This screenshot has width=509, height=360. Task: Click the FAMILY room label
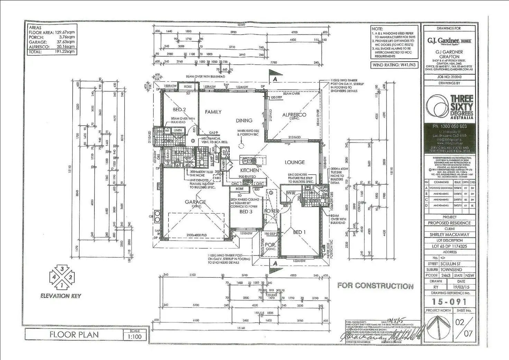[x=213, y=112]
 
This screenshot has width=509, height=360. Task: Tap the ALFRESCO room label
[x=294, y=115]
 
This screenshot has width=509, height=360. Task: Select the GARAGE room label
[x=195, y=202]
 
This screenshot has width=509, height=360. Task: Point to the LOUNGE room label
[x=295, y=162]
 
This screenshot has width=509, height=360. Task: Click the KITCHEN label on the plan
[x=250, y=170]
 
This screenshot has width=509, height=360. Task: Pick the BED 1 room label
[x=299, y=232]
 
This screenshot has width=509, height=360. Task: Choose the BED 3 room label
[x=246, y=212]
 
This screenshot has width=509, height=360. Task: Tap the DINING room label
[x=244, y=121]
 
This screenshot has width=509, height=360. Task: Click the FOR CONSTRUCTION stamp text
[x=376, y=286]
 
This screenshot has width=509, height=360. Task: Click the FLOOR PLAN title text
[x=74, y=335]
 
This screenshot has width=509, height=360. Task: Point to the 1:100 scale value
[x=135, y=336]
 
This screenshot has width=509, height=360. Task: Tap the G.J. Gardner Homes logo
[x=449, y=41]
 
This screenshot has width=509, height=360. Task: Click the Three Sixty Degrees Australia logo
[x=450, y=107]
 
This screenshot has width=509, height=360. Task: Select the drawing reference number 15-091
[x=450, y=302]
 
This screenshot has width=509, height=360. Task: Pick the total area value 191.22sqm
[x=66, y=52]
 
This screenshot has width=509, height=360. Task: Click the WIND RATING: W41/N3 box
[x=394, y=65]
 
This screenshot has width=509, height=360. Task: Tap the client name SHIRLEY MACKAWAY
[x=450, y=234]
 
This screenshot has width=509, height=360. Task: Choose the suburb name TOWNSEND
[x=451, y=269]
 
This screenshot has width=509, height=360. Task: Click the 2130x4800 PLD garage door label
[x=196, y=235]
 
